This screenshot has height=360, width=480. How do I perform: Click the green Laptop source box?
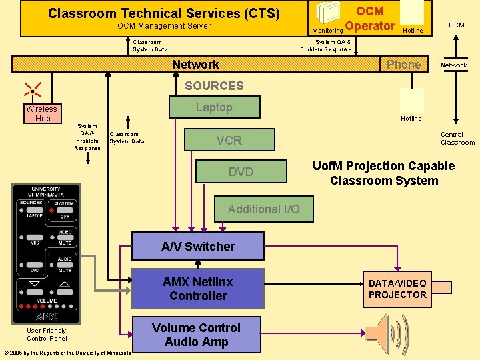213,107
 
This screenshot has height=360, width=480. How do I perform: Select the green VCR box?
229,140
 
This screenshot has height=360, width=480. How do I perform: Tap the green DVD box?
241,171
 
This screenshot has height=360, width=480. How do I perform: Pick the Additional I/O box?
263,209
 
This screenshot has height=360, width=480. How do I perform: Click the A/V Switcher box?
198,246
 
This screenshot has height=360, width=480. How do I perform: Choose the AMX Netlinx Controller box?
198,289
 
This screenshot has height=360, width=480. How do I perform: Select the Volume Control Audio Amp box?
196,335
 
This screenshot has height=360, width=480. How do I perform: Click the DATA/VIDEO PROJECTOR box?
397,289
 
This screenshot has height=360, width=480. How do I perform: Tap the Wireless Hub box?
42,113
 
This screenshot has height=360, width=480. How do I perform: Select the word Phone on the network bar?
403,65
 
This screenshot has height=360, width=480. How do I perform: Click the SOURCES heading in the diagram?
214,85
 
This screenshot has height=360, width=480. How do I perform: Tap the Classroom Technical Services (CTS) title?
164,13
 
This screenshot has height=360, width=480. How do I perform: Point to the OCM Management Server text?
164,26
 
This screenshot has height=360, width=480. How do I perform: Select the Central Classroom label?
457,138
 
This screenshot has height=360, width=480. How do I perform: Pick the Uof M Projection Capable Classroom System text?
384,173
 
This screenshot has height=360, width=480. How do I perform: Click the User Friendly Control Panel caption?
47,334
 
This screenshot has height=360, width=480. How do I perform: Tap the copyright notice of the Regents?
67,353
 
